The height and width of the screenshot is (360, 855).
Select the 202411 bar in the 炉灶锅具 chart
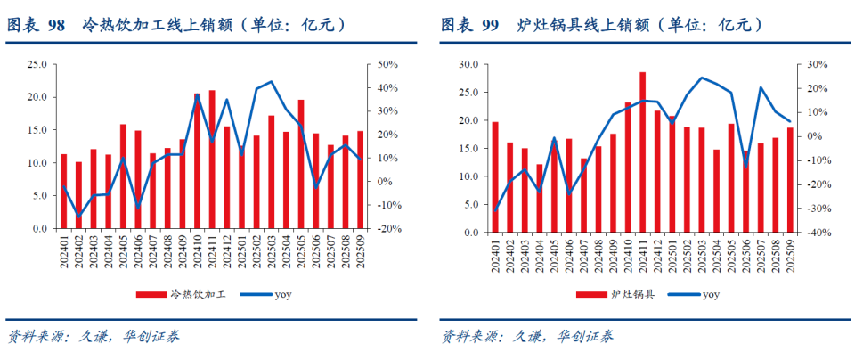pyautogui.click(x=642, y=152)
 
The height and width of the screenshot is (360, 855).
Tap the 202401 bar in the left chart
pyautogui.click(x=63, y=191)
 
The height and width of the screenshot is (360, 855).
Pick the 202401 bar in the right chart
pyautogui.click(x=495, y=177)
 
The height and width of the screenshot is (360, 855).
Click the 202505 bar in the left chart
pyautogui.click(x=301, y=164)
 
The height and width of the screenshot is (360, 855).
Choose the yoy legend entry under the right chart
pyautogui.click(x=697, y=293)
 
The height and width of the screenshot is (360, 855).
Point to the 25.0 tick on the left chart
pyautogui.click(x=37, y=65)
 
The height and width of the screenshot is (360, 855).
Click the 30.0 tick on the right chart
pyautogui.click(x=469, y=65)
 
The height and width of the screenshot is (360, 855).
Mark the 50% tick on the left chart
pyautogui.click(x=387, y=65)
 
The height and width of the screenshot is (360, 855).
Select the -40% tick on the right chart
pyautogui.click(x=819, y=233)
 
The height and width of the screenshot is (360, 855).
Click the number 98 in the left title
pyautogui.click(x=55, y=25)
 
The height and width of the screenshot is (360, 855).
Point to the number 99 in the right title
pyautogui.click(x=489, y=25)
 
